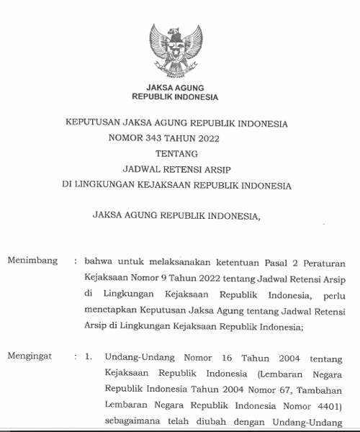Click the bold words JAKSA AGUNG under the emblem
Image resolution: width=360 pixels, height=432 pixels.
[176, 88]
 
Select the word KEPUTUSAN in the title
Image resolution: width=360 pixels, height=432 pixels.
[95, 124]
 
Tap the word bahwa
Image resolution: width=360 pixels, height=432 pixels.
[97, 262]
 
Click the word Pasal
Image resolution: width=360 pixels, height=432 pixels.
[281, 262]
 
